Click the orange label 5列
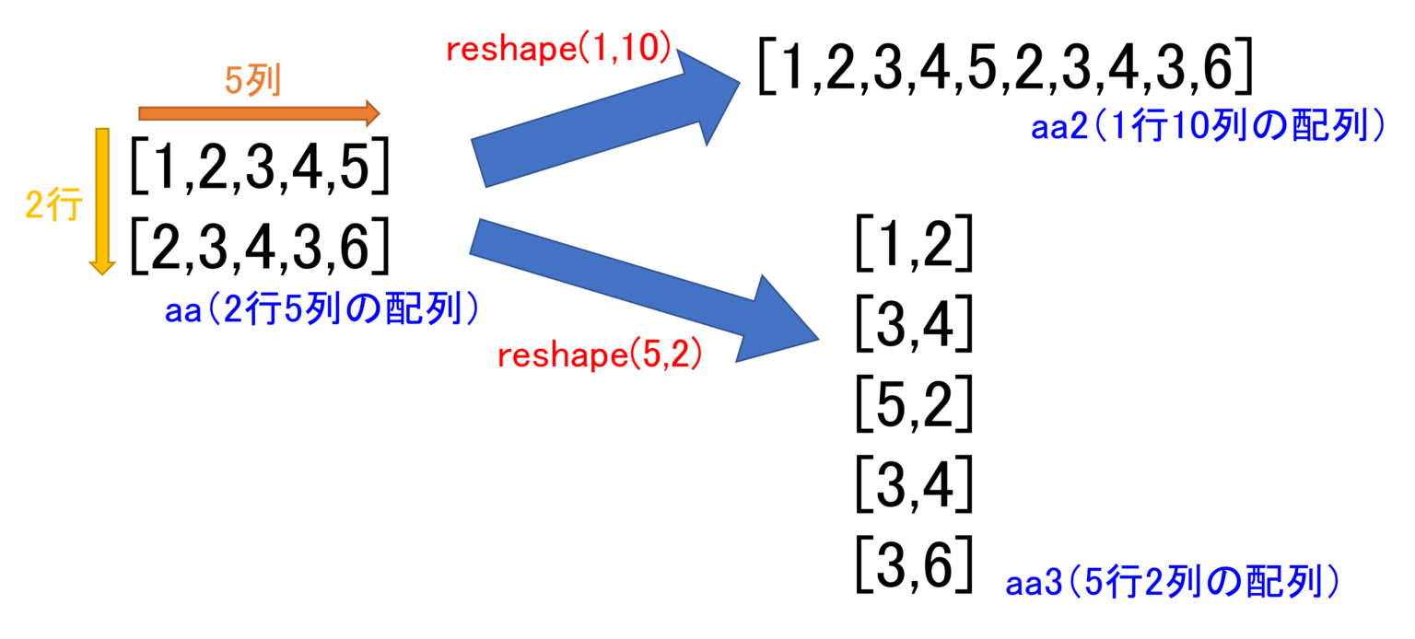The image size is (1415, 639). click(x=252, y=83)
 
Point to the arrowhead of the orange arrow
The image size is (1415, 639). click(x=373, y=113)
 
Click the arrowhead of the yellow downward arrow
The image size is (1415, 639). click(x=102, y=267)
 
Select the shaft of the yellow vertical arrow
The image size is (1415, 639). click(x=102, y=193)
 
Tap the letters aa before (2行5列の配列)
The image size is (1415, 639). click(x=182, y=311)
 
